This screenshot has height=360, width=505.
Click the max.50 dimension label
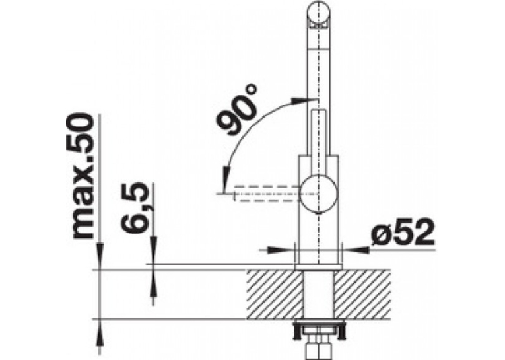coord(81,176)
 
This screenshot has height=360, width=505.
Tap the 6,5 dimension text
coord(135,207)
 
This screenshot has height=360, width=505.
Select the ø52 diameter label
coord(402,231)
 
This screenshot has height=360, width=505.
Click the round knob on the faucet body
coord(319,194)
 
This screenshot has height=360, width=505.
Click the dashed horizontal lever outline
coord(267,194)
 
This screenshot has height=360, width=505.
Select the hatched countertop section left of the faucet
coord(275,294)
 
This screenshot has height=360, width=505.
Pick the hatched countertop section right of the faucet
coord(362,294)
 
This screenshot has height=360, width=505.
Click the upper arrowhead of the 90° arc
coord(298,100)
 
